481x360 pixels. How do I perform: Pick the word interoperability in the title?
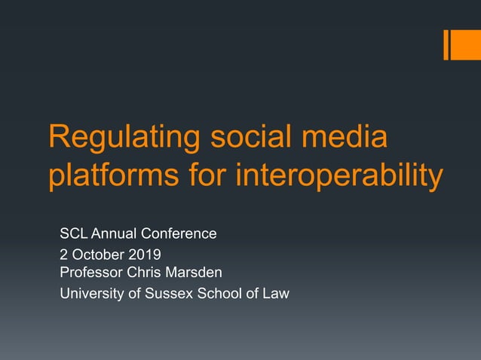(x=339, y=178)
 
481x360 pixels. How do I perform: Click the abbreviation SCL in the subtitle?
(x=74, y=234)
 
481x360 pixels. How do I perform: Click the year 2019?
(x=144, y=255)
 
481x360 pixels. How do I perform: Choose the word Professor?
(x=91, y=270)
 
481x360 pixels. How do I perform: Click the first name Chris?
(x=144, y=270)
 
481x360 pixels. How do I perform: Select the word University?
(x=90, y=294)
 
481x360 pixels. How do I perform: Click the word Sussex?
(x=161, y=294)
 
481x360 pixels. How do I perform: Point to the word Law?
(x=274, y=294)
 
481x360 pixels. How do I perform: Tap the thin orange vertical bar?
(x=446, y=44)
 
